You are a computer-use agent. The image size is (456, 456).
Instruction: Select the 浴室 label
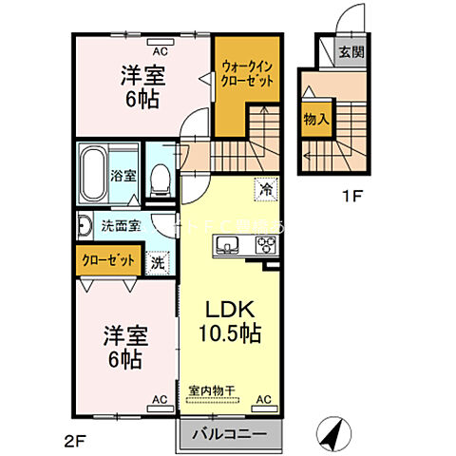[x=123, y=176]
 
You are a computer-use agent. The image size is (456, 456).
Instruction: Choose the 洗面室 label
[x=122, y=226]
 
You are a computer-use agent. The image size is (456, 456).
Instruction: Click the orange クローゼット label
[x=106, y=259]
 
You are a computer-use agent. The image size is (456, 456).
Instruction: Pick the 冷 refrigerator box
[x=265, y=188]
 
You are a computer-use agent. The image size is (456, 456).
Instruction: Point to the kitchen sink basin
[x=228, y=248]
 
